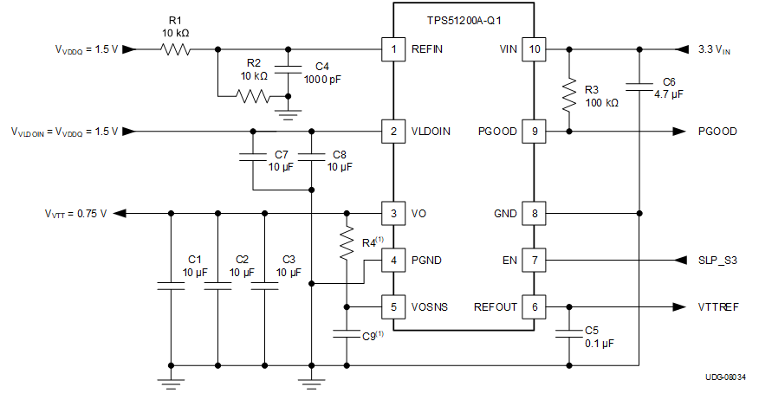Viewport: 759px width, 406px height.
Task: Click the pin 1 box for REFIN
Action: click(393, 49)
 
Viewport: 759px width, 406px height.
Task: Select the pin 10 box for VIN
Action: click(535, 49)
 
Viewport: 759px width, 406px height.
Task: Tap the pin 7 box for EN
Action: click(535, 260)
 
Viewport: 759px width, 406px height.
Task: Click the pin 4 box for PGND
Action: click(393, 260)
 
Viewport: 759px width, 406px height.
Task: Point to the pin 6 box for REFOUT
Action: click(535, 306)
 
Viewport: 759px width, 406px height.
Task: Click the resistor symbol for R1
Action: click(176, 49)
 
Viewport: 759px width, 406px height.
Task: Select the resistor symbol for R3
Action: click(569, 96)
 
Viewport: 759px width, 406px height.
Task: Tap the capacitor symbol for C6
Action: click(639, 85)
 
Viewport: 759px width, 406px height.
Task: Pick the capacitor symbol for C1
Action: click(171, 287)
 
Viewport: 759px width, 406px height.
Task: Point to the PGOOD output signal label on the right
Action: click(717, 132)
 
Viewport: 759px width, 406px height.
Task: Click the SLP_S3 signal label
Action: click(719, 260)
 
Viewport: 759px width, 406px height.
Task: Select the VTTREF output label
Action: click(718, 306)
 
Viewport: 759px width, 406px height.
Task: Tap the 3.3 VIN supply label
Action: click(716, 50)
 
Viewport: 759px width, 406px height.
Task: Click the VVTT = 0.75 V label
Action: click(75, 213)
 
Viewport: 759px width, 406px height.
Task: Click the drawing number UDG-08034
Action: click(726, 377)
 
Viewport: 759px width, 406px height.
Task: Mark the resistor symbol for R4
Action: click(347, 243)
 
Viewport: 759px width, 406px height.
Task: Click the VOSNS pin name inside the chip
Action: click(431, 306)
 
